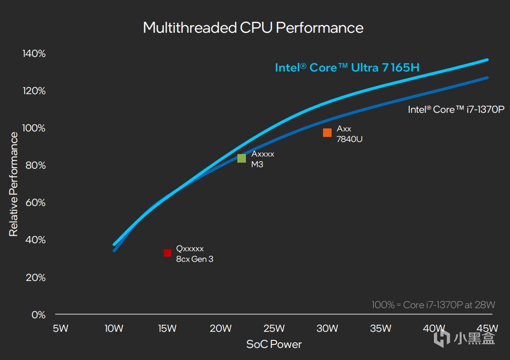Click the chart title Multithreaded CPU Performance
pos(253,27)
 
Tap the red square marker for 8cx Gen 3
pos(167,253)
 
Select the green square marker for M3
pos(241,158)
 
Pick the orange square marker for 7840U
pos(327,132)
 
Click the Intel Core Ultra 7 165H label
pos(347,67)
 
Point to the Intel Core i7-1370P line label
pos(456,109)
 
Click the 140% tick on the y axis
pos(34,53)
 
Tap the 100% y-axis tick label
pos(34,128)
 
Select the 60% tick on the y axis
pos(35,202)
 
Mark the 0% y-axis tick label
pos(38,315)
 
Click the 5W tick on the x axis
pos(60,329)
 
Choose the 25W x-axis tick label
pos(274,329)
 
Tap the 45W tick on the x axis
pos(487,329)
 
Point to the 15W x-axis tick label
pos(167,329)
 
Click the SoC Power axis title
pos(274,344)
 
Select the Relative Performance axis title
pos(14,184)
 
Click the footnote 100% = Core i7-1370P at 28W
pos(433,305)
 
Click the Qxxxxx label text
pos(190,249)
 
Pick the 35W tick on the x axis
pos(380,329)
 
